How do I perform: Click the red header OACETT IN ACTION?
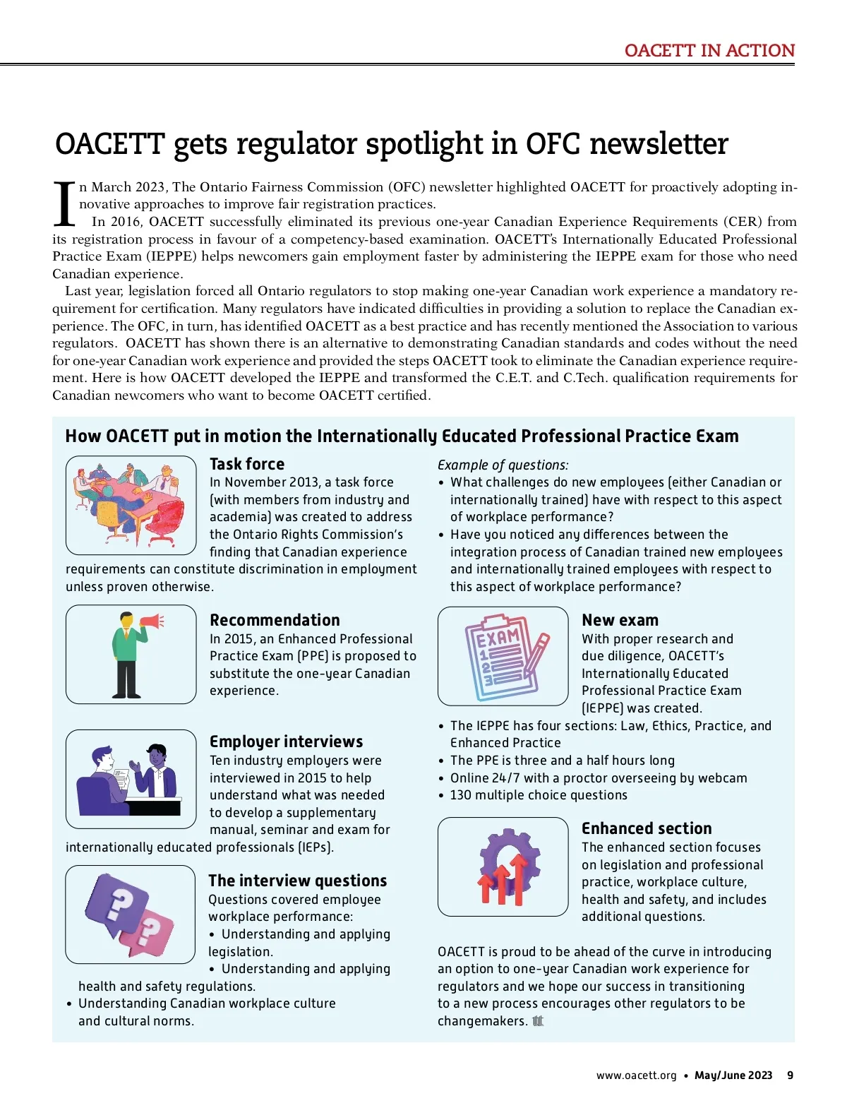709,50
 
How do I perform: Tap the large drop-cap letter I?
64,204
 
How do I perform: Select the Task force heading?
247,464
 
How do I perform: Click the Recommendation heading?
275,620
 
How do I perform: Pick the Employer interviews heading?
286,741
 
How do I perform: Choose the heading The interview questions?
297,881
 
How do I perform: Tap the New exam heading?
620,620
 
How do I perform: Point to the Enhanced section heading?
647,828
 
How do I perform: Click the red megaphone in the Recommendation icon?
150,621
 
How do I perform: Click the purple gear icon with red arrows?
503,867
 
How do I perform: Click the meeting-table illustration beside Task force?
131,504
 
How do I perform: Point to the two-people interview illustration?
131,778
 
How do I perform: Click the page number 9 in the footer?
790,1076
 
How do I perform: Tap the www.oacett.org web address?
636,1076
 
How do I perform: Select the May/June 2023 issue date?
733,1076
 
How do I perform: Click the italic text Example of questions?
503,465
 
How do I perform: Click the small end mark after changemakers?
538,1021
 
